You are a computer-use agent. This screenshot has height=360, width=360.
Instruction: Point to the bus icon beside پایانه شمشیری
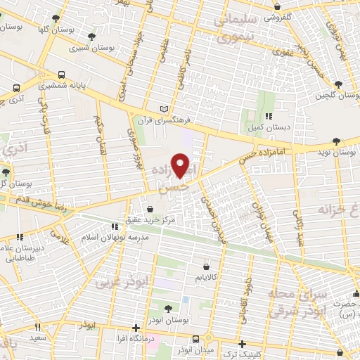click(x=63, y=74)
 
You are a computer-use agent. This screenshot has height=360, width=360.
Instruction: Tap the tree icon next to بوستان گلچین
click(x=338, y=85)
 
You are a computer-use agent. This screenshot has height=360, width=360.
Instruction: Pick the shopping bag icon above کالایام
click(x=206, y=266)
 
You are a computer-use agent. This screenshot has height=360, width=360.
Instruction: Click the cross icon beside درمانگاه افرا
click(x=136, y=328)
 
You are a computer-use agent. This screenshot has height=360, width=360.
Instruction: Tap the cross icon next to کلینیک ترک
click(x=242, y=345)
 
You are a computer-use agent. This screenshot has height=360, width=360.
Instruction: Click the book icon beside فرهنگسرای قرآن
click(x=164, y=110)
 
